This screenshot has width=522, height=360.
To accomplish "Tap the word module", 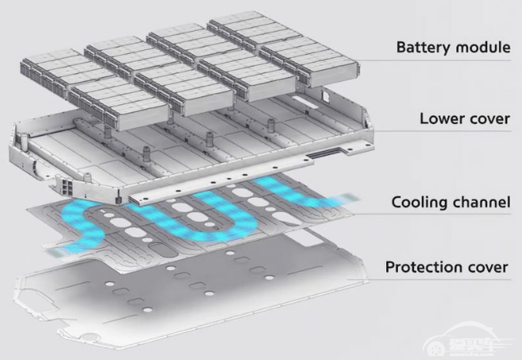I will point(483,47).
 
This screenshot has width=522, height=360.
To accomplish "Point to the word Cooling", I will point(418,202).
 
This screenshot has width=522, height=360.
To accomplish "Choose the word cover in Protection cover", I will point(486,267).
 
